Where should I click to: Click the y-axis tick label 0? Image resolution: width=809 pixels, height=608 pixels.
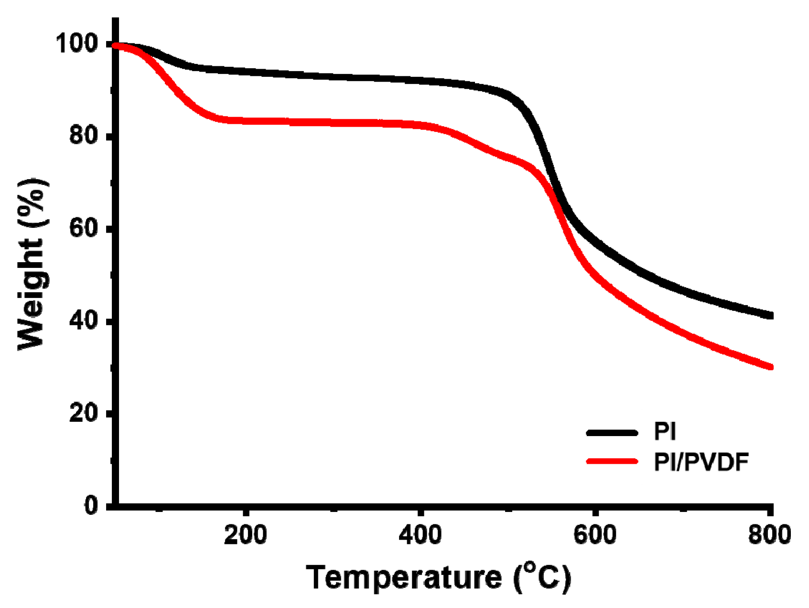91,505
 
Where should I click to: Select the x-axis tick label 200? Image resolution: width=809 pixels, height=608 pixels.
246,535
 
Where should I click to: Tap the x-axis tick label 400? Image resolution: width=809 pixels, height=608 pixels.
421,535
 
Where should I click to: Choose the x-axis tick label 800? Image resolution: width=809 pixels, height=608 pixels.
769,535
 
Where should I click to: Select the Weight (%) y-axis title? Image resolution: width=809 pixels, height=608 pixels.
32,265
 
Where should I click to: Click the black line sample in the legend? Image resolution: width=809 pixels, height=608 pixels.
612,433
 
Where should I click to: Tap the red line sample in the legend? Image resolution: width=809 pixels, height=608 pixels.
612,461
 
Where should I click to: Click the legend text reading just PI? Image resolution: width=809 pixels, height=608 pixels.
665,432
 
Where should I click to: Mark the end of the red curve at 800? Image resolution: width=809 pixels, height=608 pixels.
770,367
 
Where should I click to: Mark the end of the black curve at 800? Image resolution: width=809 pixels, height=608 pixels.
770,315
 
